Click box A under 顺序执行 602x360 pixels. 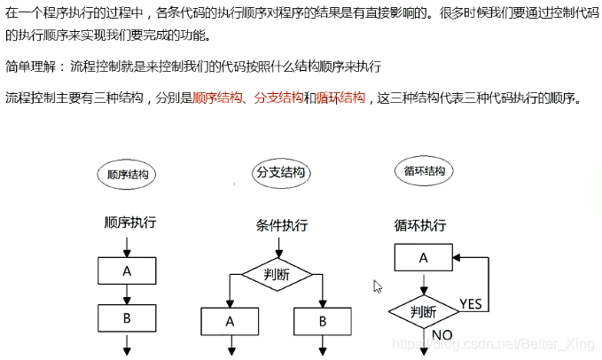tap(127, 270)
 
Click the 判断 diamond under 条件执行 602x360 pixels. tap(277, 274)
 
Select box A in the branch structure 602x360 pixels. tap(230, 321)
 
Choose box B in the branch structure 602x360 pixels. tap(322, 321)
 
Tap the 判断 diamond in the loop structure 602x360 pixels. tap(424, 311)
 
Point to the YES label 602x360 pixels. tap(472, 304)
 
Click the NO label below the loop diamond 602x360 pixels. tap(443, 336)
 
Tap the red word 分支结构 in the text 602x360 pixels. tap(278, 98)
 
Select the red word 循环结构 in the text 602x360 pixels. tap(340, 98)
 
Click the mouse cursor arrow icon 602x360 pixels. tap(377, 286)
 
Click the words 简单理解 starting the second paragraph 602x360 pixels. tap(29, 67)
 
